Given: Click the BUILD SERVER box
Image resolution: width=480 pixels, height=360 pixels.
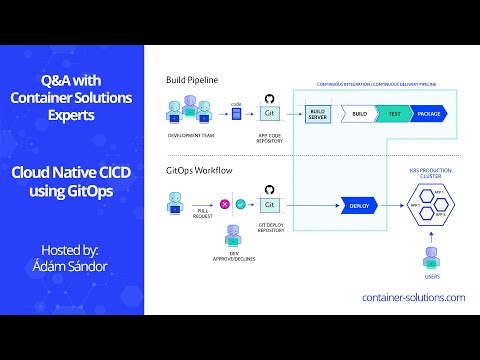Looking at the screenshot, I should (x=317, y=114).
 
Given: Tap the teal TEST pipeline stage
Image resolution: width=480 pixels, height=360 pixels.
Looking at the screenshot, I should (x=394, y=114).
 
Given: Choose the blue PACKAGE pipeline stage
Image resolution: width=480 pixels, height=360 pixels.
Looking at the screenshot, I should (x=428, y=114).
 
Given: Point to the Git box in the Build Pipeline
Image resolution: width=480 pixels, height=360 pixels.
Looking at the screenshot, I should (x=268, y=115).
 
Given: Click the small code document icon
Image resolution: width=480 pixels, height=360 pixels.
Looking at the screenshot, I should (x=237, y=114).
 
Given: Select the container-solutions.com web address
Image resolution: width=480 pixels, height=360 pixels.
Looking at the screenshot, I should (x=413, y=298).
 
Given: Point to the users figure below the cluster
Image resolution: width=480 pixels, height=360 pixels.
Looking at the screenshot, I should (x=431, y=255).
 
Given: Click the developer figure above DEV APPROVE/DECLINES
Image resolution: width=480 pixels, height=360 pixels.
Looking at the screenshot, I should (x=232, y=235).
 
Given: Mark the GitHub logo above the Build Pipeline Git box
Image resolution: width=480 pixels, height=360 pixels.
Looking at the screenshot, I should (x=268, y=98).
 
